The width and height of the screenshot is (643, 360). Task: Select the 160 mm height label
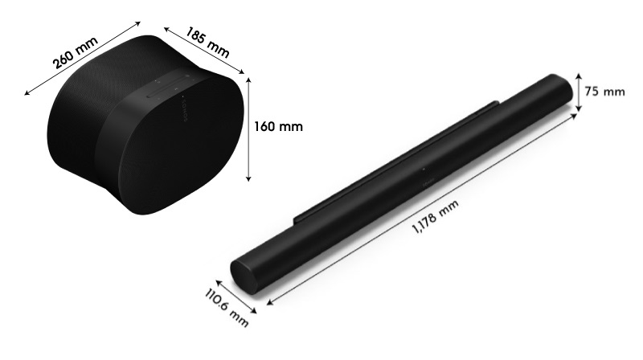[281, 126]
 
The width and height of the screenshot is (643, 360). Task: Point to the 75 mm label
[604, 92]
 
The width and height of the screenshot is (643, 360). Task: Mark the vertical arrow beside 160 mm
[249, 128]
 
